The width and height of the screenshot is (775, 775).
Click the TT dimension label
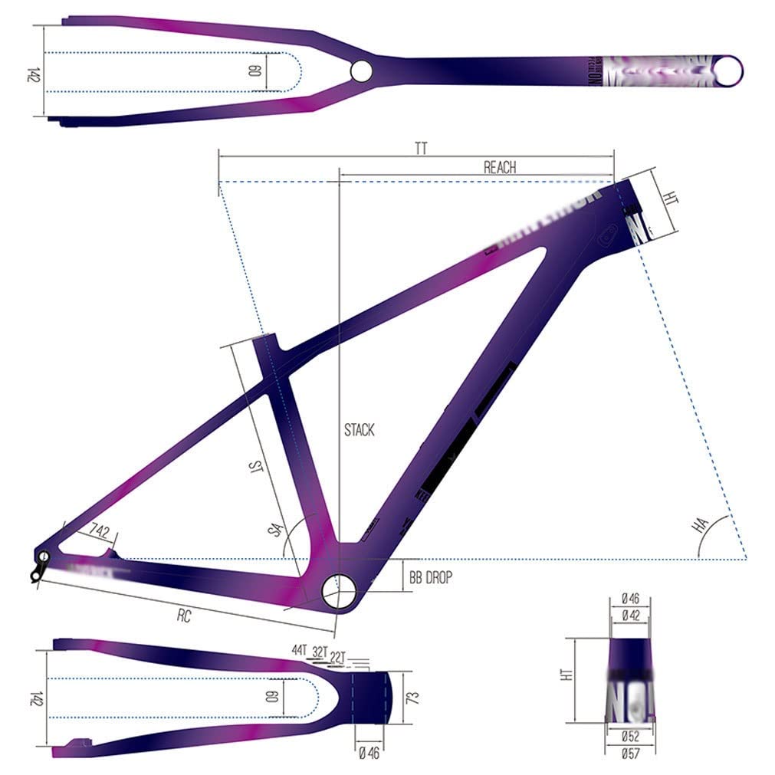click(x=421, y=149)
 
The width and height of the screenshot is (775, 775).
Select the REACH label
click(x=500, y=167)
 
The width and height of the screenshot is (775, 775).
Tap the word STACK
click(x=359, y=430)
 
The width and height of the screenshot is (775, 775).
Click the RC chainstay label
click(x=184, y=616)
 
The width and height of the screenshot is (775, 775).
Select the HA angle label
click(x=699, y=525)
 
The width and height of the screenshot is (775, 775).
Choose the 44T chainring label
click(x=299, y=650)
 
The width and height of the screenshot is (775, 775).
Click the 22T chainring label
click(x=340, y=656)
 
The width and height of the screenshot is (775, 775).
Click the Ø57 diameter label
click(x=631, y=753)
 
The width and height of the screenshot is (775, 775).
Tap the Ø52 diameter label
click(x=631, y=737)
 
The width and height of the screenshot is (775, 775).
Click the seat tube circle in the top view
click(x=360, y=71)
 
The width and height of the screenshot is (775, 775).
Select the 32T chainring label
click(x=320, y=653)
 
